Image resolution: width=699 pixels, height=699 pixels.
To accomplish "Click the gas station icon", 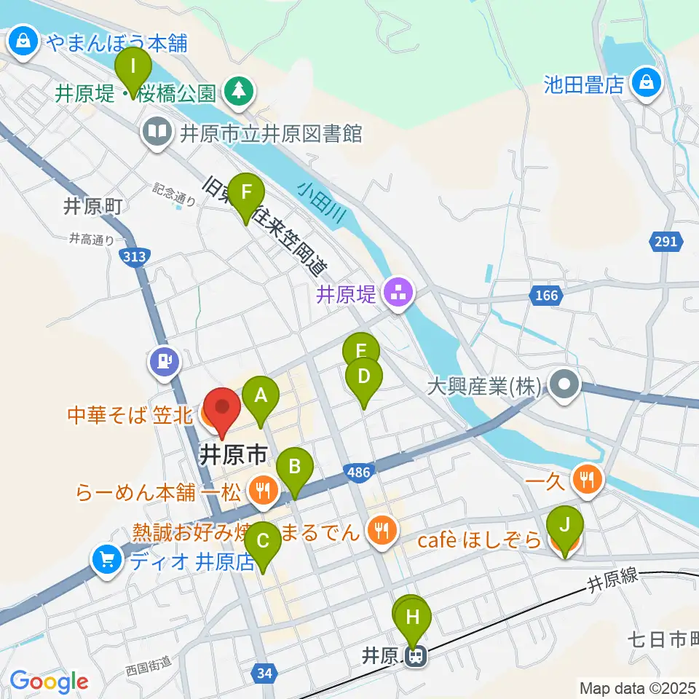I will click(165, 360).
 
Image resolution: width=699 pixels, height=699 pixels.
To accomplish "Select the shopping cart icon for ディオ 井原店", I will click(107, 560).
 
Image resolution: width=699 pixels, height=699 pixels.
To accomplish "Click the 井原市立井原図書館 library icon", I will click(157, 133).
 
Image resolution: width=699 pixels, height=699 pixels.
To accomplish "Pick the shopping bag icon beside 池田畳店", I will click(646, 82).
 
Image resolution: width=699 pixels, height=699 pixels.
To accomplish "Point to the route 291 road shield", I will click(670, 242).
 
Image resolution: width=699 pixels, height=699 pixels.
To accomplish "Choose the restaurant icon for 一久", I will click(588, 478).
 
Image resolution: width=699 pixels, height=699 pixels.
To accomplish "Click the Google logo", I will click(50, 682).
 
